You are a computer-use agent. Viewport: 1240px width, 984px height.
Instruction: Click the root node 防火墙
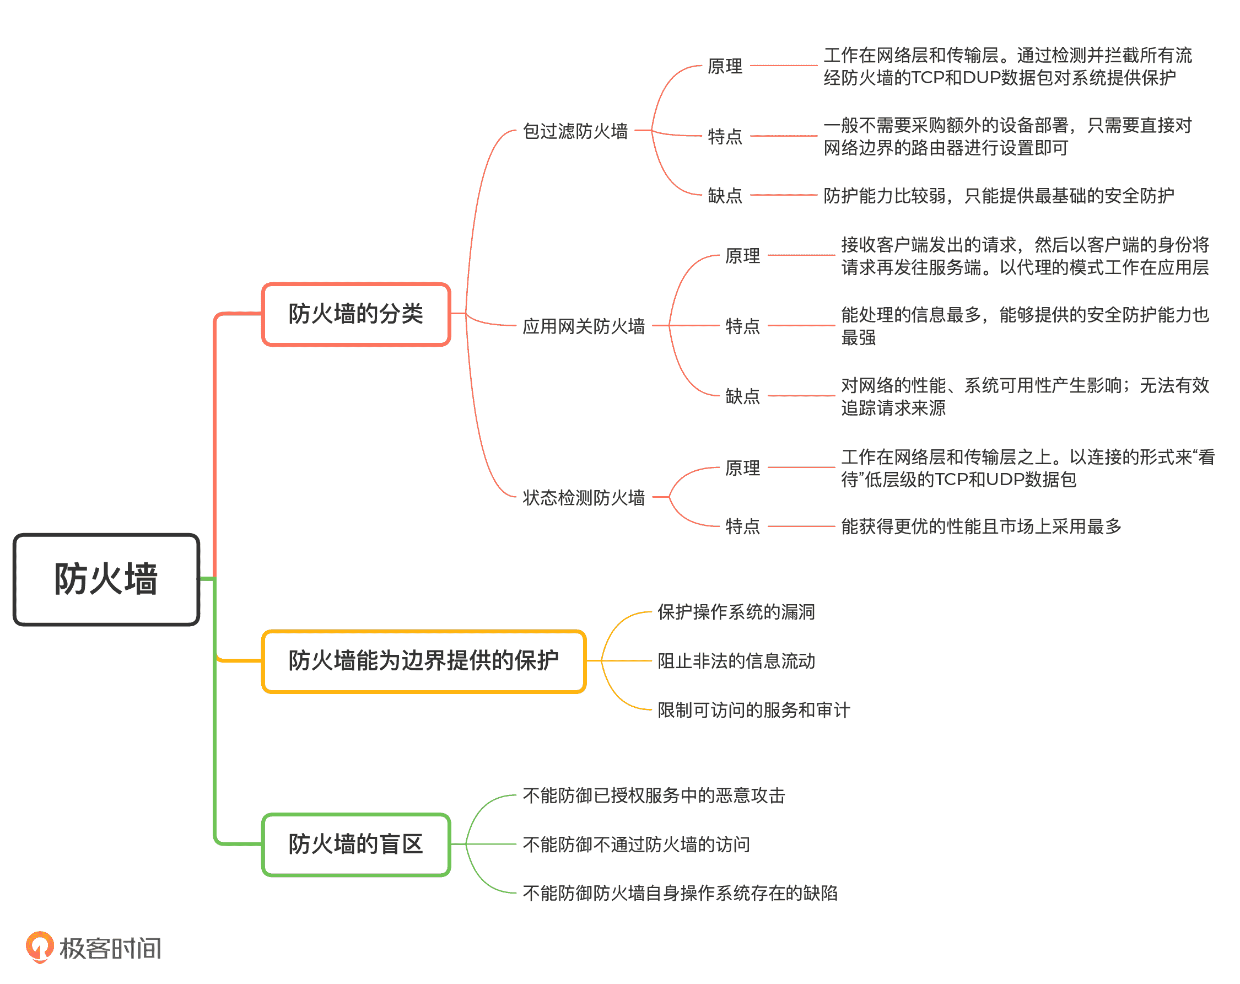click(x=106, y=579)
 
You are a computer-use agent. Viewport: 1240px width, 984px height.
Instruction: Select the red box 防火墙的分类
click(x=356, y=314)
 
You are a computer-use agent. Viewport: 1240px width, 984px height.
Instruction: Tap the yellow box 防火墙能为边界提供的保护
click(x=424, y=661)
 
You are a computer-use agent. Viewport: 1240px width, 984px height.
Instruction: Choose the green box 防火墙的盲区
click(x=356, y=844)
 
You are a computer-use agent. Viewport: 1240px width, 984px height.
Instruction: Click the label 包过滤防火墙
click(x=575, y=131)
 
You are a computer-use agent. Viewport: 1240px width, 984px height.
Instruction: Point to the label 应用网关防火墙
click(x=584, y=326)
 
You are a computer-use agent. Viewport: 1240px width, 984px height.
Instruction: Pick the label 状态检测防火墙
click(x=584, y=498)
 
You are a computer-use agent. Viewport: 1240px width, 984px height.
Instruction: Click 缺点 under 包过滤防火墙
click(x=725, y=196)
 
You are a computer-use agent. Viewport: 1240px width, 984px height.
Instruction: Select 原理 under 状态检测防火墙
click(x=742, y=468)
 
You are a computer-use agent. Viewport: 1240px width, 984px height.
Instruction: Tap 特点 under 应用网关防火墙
click(x=742, y=326)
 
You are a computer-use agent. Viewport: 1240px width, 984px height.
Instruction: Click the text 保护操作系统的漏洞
click(x=736, y=612)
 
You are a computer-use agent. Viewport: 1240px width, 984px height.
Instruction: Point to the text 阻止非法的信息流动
click(x=736, y=661)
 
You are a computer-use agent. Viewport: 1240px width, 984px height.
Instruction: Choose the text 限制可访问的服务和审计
click(x=753, y=710)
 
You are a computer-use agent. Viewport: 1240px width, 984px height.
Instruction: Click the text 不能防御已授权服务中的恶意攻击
click(x=654, y=796)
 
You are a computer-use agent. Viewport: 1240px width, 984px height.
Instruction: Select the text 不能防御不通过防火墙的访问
click(x=636, y=845)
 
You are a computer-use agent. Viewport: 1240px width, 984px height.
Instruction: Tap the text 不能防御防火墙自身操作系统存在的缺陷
click(x=680, y=893)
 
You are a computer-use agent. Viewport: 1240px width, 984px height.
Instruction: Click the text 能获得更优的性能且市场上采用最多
click(x=981, y=526)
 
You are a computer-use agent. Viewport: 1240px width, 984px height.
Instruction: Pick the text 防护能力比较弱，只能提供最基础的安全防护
click(x=999, y=196)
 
